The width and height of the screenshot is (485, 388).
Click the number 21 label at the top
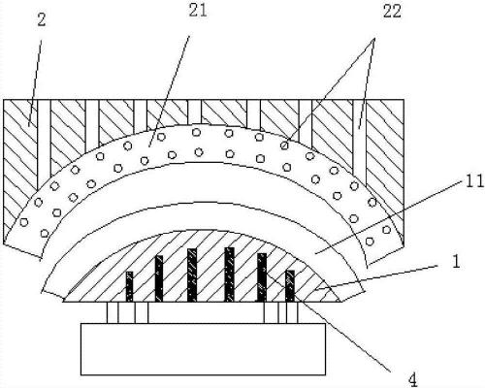point(198,12)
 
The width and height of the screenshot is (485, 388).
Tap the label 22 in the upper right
point(392,12)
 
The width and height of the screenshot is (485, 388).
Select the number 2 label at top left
point(42,20)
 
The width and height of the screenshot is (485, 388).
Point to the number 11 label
point(474,181)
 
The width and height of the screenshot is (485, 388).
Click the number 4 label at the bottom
point(413,379)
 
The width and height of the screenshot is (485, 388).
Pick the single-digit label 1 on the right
point(456,262)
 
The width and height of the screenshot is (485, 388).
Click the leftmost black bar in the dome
point(129,286)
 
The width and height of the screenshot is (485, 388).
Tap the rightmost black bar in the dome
point(290,286)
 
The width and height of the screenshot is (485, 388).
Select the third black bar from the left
point(192,275)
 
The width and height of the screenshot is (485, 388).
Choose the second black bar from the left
point(159,278)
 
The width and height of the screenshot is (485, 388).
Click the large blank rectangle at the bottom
point(203,349)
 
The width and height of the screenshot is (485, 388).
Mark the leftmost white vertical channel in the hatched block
point(44,144)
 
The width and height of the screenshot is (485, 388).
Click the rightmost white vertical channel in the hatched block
point(360,142)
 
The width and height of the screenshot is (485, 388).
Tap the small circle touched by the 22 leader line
point(284,145)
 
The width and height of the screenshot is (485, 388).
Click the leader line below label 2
point(35,83)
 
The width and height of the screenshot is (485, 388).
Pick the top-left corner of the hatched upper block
point(4,100)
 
